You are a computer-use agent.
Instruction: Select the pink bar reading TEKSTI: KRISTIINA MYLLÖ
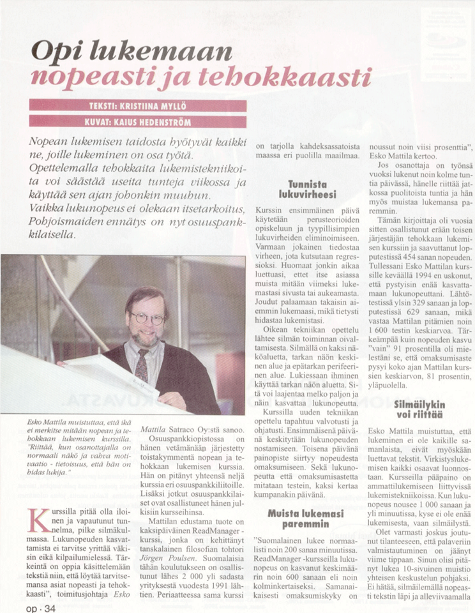click(138, 105)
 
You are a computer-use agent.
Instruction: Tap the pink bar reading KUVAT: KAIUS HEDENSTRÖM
click(138, 121)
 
